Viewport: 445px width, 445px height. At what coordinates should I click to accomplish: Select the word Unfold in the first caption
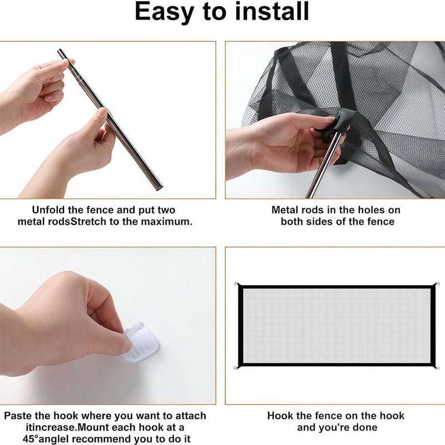click(48, 210)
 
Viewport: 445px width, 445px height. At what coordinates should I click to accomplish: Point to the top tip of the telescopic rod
click(60, 51)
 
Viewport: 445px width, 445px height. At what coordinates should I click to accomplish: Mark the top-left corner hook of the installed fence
click(236, 284)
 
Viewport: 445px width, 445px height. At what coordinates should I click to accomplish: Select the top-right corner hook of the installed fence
click(437, 285)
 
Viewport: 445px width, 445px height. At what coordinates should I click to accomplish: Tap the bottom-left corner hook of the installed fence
click(236, 368)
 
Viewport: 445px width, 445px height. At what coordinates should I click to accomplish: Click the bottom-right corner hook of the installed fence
click(437, 368)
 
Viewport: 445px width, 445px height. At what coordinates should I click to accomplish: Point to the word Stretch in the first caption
click(88, 221)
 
